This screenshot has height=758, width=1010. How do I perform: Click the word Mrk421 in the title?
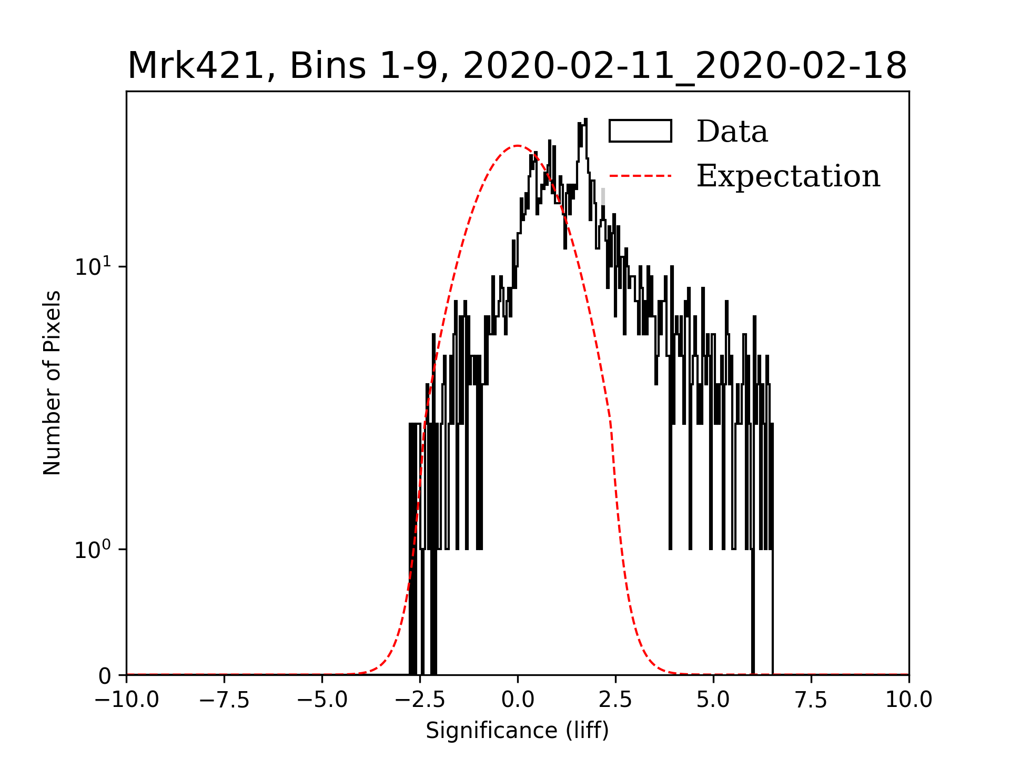click(195, 66)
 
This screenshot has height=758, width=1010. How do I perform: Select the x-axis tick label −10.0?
click(126, 700)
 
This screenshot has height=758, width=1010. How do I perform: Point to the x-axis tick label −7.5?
click(225, 700)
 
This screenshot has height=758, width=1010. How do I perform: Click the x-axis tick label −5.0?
click(322, 700)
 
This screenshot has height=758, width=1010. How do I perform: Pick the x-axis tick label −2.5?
click(420, 700)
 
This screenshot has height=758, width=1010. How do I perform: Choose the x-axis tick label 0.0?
click(518, 700)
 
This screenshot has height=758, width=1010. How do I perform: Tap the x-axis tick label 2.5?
click(615, 700)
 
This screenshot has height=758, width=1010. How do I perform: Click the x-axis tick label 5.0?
click(713, 700)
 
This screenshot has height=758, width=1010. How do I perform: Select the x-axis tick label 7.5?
click(811, 700)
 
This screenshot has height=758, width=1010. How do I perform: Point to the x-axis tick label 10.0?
click(908, 700)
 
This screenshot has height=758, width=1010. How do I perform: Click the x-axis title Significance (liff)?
click(517, 731)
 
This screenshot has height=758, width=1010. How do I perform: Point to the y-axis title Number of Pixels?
click(52, 383)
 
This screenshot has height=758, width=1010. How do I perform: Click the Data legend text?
click(732, 132)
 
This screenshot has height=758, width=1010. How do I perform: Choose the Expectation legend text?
click(788, 176)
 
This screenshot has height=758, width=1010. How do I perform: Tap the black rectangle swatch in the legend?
click(640, 131)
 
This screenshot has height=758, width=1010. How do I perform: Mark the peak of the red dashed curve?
click(518, 146)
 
